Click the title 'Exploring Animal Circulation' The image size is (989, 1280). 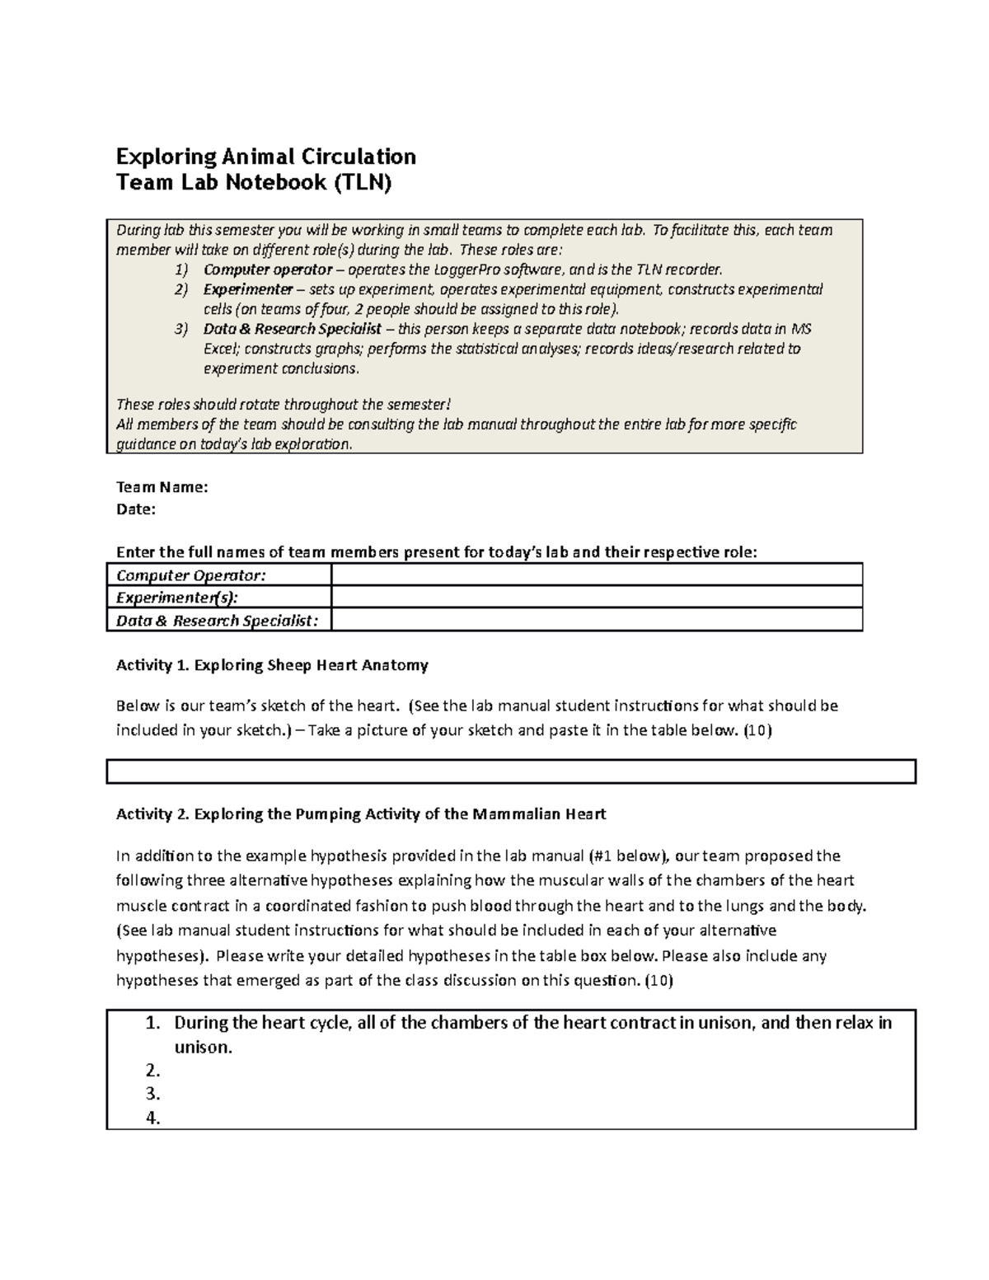pos(265,157)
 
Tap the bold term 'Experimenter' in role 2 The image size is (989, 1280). pos(248,289)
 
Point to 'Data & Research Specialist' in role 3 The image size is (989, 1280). pos(292,329)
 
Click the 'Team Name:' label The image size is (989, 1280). pos(162,487)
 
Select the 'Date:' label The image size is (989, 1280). pos(136,509)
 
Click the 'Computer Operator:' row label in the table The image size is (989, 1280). pos(191,574)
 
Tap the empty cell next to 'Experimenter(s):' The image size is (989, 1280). pos(596,598)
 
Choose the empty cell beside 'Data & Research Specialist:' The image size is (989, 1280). pos(596,621)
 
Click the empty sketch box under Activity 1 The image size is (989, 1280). pos(511,771)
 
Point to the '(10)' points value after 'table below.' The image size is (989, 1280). pos(757,730)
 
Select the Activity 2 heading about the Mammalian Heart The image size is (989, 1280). pos(360,814)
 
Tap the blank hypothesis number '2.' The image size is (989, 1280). pos(152,1071)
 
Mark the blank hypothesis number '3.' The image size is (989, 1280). pos(152,1095)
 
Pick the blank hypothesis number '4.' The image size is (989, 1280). pos(152,1118)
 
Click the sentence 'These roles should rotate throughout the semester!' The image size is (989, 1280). pos(284,405)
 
